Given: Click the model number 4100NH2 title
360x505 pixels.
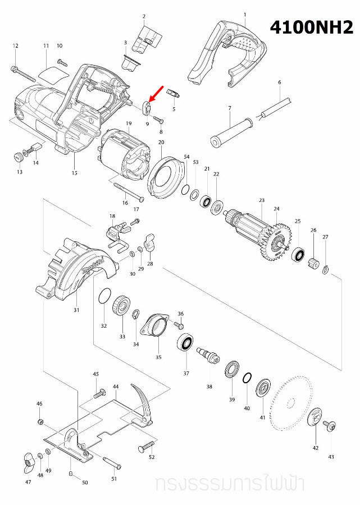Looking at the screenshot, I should point(312,27).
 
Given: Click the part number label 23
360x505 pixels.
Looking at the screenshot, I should point(261,200).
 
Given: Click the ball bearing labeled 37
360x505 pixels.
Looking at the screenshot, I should point(185,343).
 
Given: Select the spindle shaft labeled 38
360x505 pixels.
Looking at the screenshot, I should point(208,355).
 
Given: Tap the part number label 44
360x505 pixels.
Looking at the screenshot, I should point(116,387).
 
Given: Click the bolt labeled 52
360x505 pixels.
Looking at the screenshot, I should point(145,447).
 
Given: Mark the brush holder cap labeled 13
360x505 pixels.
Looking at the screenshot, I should point(17,155).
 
